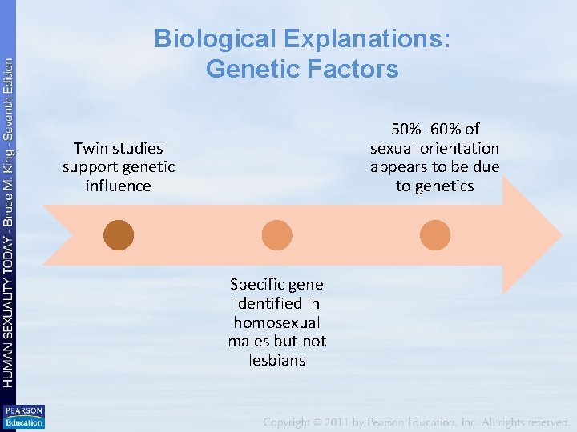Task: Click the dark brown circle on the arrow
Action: (119, 235)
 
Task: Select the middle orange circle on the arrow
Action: (277, 235)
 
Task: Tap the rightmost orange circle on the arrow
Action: (435, 235)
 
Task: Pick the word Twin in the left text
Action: (88, 148)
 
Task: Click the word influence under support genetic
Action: (119, 186)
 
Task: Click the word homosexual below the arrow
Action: (276, 322)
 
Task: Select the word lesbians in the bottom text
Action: (276, 361)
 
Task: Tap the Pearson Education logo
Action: (23, 417)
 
